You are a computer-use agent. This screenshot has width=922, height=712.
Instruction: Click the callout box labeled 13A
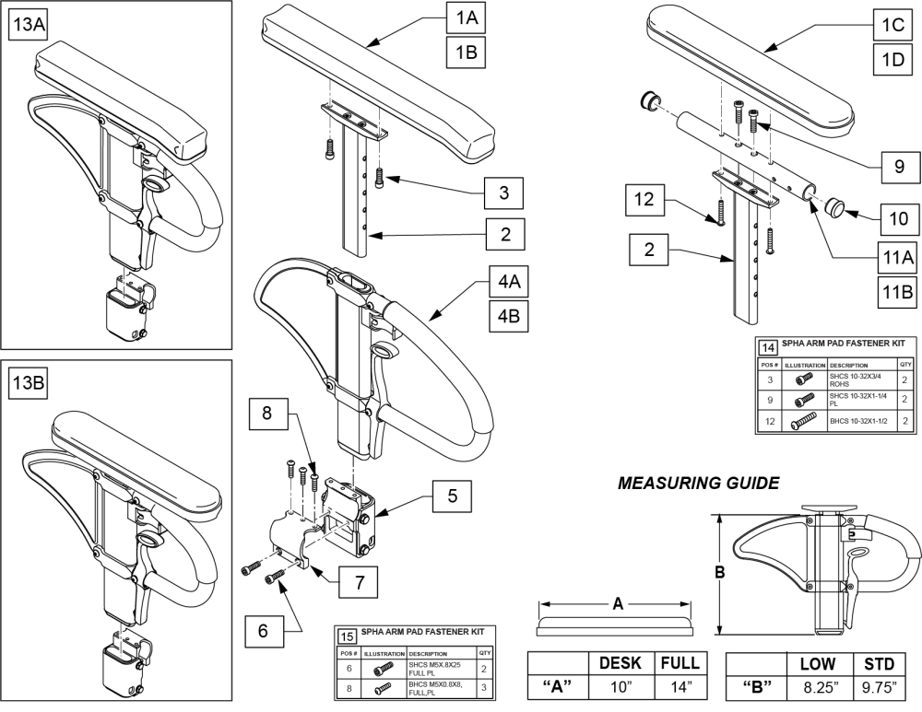pos(27,27)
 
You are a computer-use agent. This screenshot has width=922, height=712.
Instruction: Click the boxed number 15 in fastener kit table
pos(348,635)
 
